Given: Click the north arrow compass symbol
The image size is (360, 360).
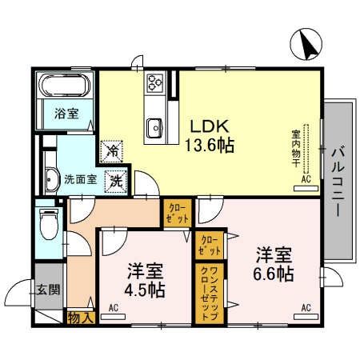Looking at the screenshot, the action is (x=306, y=44).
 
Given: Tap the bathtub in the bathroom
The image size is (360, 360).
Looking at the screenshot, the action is (x=65, y=85).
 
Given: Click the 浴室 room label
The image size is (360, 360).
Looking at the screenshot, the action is (x=66, y=114).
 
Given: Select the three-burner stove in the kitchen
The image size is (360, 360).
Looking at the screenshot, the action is (x=155, y=82).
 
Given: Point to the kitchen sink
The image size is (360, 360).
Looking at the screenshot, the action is (x=154, y=128).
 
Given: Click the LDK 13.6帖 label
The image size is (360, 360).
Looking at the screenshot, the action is (x=210, y=136).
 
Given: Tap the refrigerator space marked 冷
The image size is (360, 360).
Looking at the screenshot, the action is (x=111, y=151).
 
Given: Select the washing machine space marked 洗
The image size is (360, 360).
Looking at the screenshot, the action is (x=116, y=182).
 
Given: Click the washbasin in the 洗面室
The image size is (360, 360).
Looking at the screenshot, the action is (x=51, y=179).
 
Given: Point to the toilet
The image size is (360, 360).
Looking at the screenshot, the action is (x=49, y=223).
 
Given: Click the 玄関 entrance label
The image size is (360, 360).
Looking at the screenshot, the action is (x=48, y=290).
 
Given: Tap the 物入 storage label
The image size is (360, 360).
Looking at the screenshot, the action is (x=81, y=318).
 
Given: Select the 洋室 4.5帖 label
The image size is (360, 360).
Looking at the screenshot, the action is (x=145, y=280).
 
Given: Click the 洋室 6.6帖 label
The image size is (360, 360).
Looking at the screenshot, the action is (x=274, y=264).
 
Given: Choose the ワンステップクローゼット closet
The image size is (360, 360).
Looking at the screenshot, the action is (x=210, y=294).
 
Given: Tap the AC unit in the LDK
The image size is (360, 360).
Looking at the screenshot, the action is (x=306, y=188).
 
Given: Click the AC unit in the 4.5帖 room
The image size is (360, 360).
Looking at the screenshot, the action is (x=113, y=317).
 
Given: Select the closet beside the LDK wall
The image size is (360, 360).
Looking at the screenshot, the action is (x=178, y=214).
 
